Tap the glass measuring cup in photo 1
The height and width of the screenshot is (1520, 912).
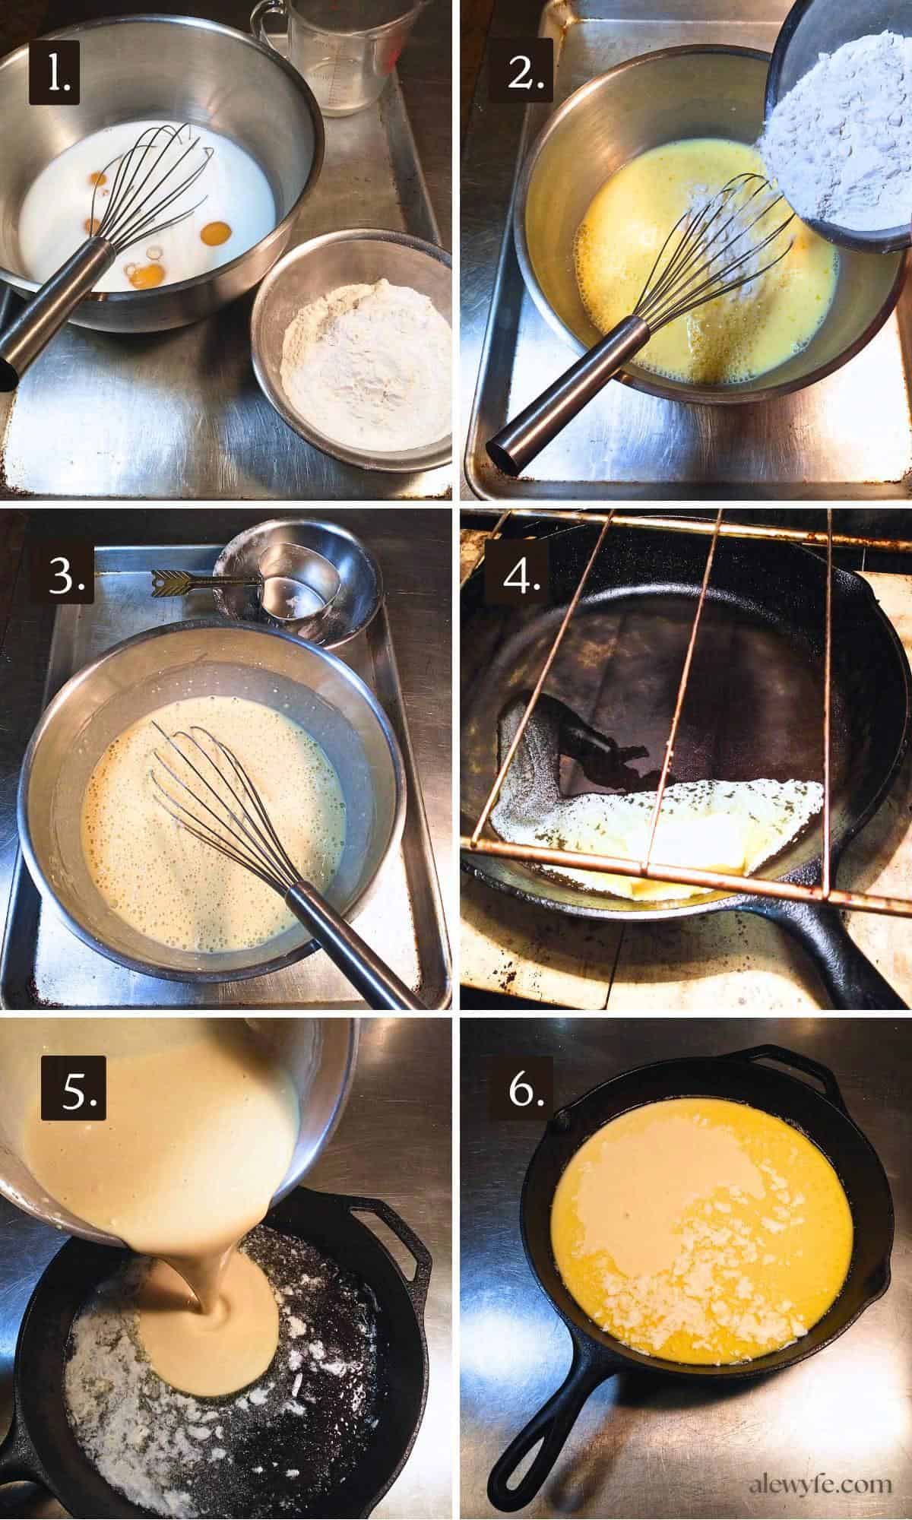[x=338, y=57]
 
